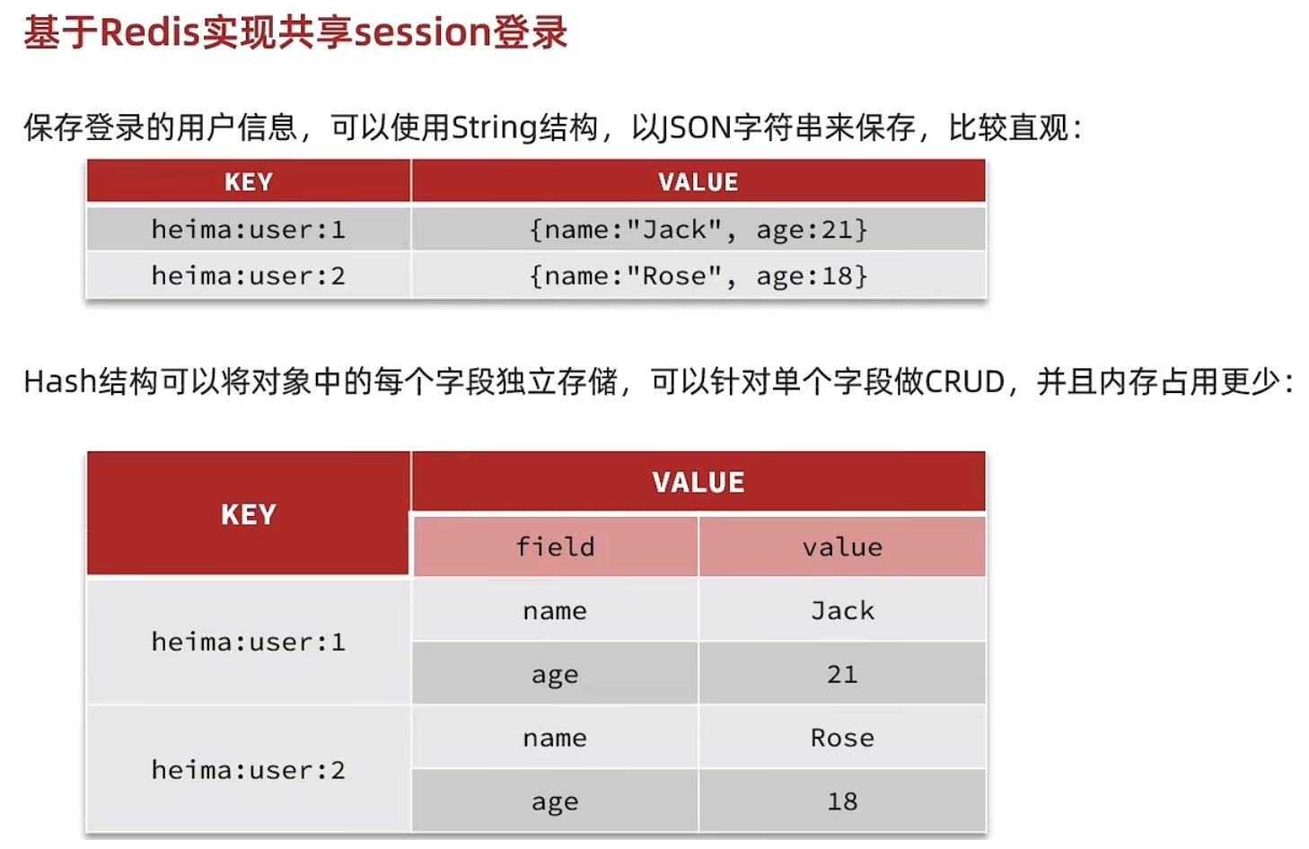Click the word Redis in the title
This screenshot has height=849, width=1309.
149,32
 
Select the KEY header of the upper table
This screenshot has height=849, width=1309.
249,182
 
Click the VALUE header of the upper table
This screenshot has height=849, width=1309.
698,182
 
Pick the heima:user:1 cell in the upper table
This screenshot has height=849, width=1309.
249,230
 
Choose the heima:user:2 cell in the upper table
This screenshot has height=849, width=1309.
249,276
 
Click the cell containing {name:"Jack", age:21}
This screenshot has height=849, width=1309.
698,230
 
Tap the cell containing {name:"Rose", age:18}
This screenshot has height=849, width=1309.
698,276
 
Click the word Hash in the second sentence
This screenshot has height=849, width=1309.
59,382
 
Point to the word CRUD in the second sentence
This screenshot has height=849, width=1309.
964,382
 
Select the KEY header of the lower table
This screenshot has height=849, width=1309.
249,514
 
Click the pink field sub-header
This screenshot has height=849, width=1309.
555,547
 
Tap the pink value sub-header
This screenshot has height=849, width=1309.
842,547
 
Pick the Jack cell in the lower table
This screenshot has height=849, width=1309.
842,610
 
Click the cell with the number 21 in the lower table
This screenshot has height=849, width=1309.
842,674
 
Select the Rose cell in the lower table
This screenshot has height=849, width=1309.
842,738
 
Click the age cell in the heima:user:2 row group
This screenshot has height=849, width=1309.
555,801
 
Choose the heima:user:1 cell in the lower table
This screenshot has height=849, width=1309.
249,642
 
